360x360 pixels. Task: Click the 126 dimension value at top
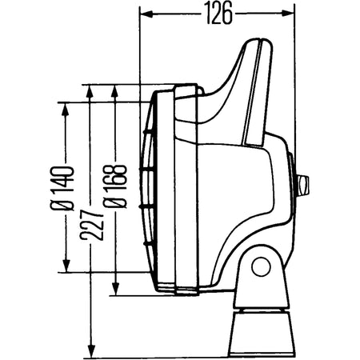(x=217, y=13)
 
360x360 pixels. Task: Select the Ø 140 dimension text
(x=66, y=189)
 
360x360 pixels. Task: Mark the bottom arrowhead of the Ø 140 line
(x=66, y=270)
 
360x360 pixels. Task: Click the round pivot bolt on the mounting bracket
(x=260, y=266)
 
